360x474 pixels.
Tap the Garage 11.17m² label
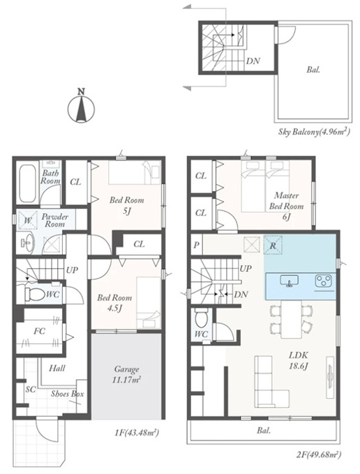tap(126, 374)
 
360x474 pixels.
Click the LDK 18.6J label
tap(299, 360)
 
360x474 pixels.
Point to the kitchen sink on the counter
tap(290, 280)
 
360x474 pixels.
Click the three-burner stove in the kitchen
tap(324, 281)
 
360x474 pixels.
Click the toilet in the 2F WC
tap(201, 319)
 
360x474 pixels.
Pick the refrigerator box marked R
tap(273, 245)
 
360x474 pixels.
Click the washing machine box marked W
tap(28, 220)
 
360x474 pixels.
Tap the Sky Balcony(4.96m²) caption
tap(314, 132)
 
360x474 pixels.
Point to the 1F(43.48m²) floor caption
tap(137, 433)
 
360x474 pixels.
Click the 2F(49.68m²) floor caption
tap(319, 454)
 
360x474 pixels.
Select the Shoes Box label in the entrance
tap(67, 394)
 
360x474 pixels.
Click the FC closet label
tap(39, 331)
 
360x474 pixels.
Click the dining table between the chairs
tap(292, 319)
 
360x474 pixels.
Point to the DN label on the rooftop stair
tap(253, 61)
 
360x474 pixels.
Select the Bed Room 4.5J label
tap(114, 303)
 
